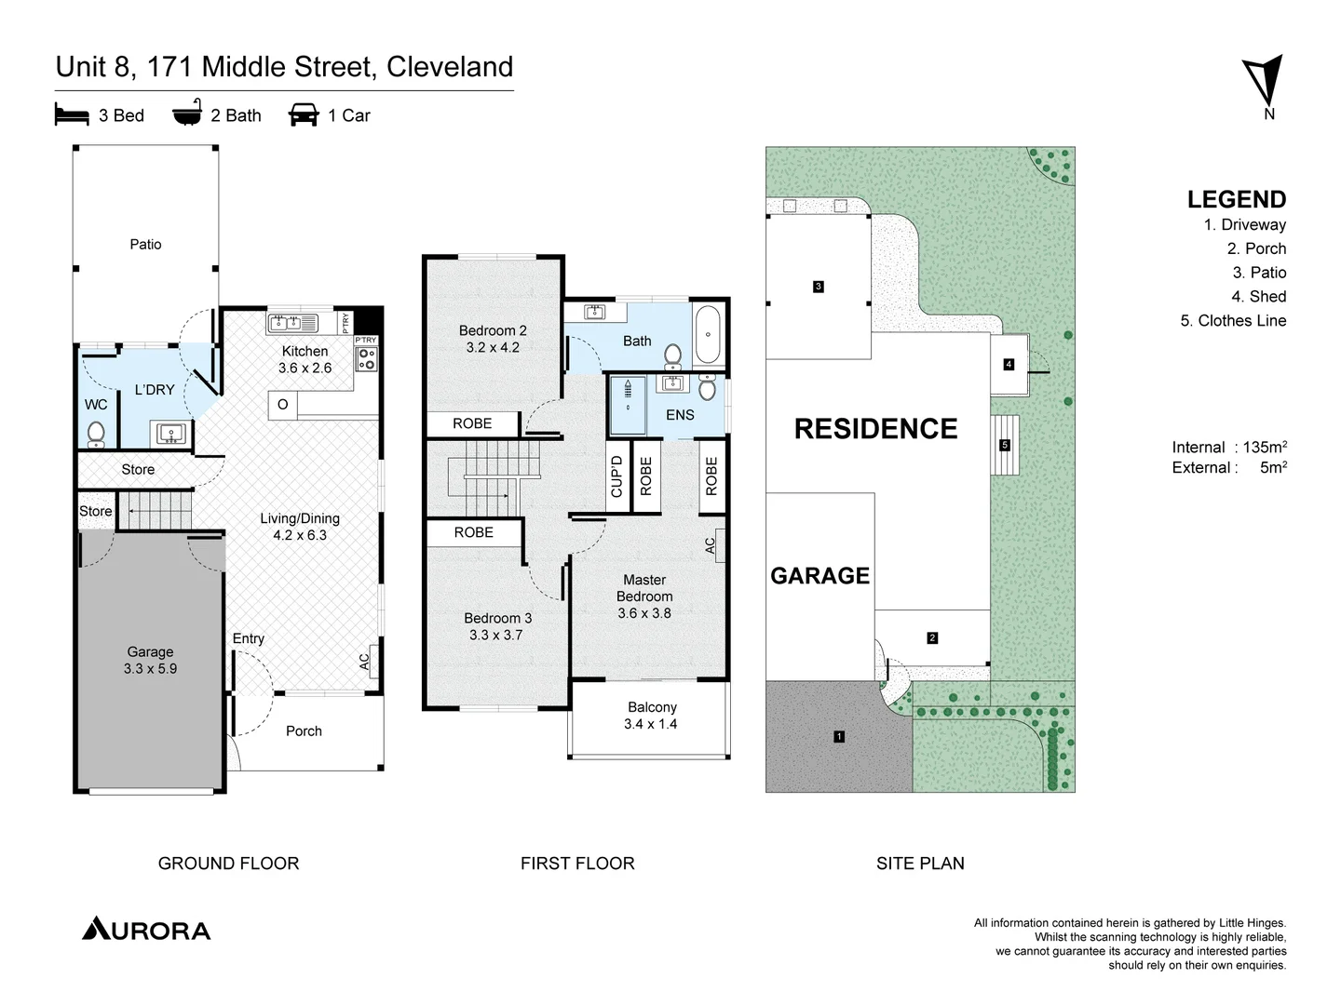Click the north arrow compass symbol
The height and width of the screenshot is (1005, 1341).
[1266, 83]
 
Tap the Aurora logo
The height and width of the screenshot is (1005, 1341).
[146, 930]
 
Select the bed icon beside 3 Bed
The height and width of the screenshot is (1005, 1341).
[72, 114]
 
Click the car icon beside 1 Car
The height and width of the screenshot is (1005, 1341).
[304, 114]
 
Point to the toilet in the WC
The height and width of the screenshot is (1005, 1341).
[95, 434]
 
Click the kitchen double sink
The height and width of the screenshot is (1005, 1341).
[291, 323]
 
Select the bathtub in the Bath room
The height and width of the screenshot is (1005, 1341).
[708, 335]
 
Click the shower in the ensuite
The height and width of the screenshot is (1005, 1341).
[629, 407]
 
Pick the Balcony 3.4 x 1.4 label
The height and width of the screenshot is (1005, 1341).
[652, 716]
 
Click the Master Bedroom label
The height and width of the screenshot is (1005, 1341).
[644, 596]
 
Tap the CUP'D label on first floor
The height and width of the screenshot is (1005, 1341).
[616, 476]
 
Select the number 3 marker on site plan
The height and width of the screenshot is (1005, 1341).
[819, 287]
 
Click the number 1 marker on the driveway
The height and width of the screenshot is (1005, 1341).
[839, 737]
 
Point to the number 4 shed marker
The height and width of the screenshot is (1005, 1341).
[1009, 364]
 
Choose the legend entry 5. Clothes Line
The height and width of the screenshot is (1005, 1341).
[1233, 320]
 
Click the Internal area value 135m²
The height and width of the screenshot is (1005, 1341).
[1265, 447]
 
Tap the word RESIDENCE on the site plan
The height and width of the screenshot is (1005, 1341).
[875, 429]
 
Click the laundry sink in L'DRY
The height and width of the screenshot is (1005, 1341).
[169, 433]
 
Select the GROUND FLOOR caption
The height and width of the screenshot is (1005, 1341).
[228, 864]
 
